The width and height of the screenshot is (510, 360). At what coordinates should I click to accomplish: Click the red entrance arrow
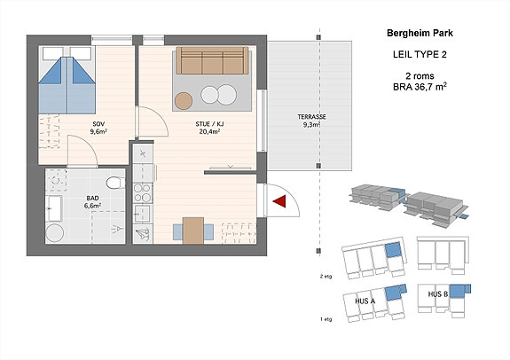point(281,201)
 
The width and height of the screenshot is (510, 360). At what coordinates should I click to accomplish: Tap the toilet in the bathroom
point(115,183)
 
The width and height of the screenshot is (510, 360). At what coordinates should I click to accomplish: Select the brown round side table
point(184,101)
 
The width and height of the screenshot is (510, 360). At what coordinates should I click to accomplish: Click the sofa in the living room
point(212,60)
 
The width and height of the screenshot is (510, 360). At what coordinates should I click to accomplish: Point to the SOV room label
point(98,124)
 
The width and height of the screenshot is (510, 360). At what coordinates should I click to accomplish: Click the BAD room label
point(93,198)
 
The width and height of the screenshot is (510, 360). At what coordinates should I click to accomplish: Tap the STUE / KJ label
point(209,124)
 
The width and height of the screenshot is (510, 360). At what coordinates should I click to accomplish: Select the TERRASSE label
point(311,117)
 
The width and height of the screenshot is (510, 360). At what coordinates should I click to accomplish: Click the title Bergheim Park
point(420,33)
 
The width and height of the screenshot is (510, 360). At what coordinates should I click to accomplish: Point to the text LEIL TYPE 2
point(420,55)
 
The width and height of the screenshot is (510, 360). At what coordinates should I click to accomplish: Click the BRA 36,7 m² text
point(420,87)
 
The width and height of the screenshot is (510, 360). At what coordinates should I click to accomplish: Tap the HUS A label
point(365,301)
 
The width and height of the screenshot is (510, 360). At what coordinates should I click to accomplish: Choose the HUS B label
point(438,294)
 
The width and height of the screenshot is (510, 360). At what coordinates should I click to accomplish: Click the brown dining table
point(193,231)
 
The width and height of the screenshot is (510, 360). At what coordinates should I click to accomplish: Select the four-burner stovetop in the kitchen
point(143,193)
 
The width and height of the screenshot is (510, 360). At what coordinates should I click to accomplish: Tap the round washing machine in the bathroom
point(54,233)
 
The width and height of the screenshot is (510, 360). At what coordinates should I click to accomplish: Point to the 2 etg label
point(326,277)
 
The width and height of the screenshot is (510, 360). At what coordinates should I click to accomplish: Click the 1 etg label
point(326,319)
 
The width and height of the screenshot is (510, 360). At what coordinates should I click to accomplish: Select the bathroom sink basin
point(53,208)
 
